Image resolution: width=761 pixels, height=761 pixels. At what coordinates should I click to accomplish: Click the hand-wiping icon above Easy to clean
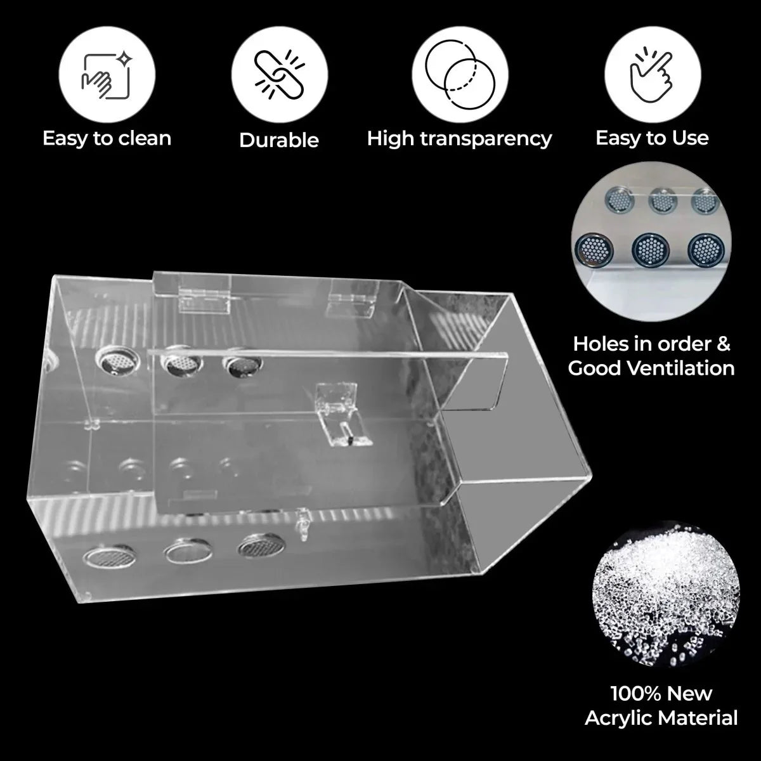(107, 75)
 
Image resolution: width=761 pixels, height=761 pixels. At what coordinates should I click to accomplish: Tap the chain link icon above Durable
(279, 74)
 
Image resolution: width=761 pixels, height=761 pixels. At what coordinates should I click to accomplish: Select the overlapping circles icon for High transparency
(460, 74)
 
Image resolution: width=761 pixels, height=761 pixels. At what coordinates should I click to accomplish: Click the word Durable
(279, 140)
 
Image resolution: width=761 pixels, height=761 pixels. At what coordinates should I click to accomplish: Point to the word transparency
(485, 139)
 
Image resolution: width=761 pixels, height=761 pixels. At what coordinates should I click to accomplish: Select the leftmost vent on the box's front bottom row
(109, 556)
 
